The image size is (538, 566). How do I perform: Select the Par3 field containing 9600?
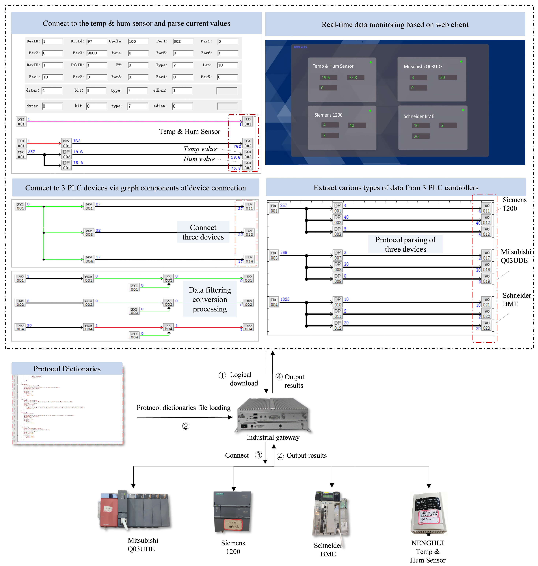coord(97,53)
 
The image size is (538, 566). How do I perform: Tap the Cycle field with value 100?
coord(138,41)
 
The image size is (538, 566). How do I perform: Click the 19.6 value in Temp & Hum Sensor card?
coord(328,77)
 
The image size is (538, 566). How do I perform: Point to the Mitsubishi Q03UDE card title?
coord(423,66)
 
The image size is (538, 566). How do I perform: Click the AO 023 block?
coord(486,326)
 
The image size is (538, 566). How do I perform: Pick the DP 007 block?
coord(338,255)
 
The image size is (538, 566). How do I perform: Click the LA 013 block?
coord(249,232)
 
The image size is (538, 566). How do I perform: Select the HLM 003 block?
coord(89,303)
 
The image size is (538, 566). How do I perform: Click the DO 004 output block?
coord(248,327)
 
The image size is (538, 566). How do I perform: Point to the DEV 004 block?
coord(89,259)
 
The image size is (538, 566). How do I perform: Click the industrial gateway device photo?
coord(273,415)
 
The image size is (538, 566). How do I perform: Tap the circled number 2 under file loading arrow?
coord(186,426)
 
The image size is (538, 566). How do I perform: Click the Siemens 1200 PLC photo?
coord(233,512)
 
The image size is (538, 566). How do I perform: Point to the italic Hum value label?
coord(199,159)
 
